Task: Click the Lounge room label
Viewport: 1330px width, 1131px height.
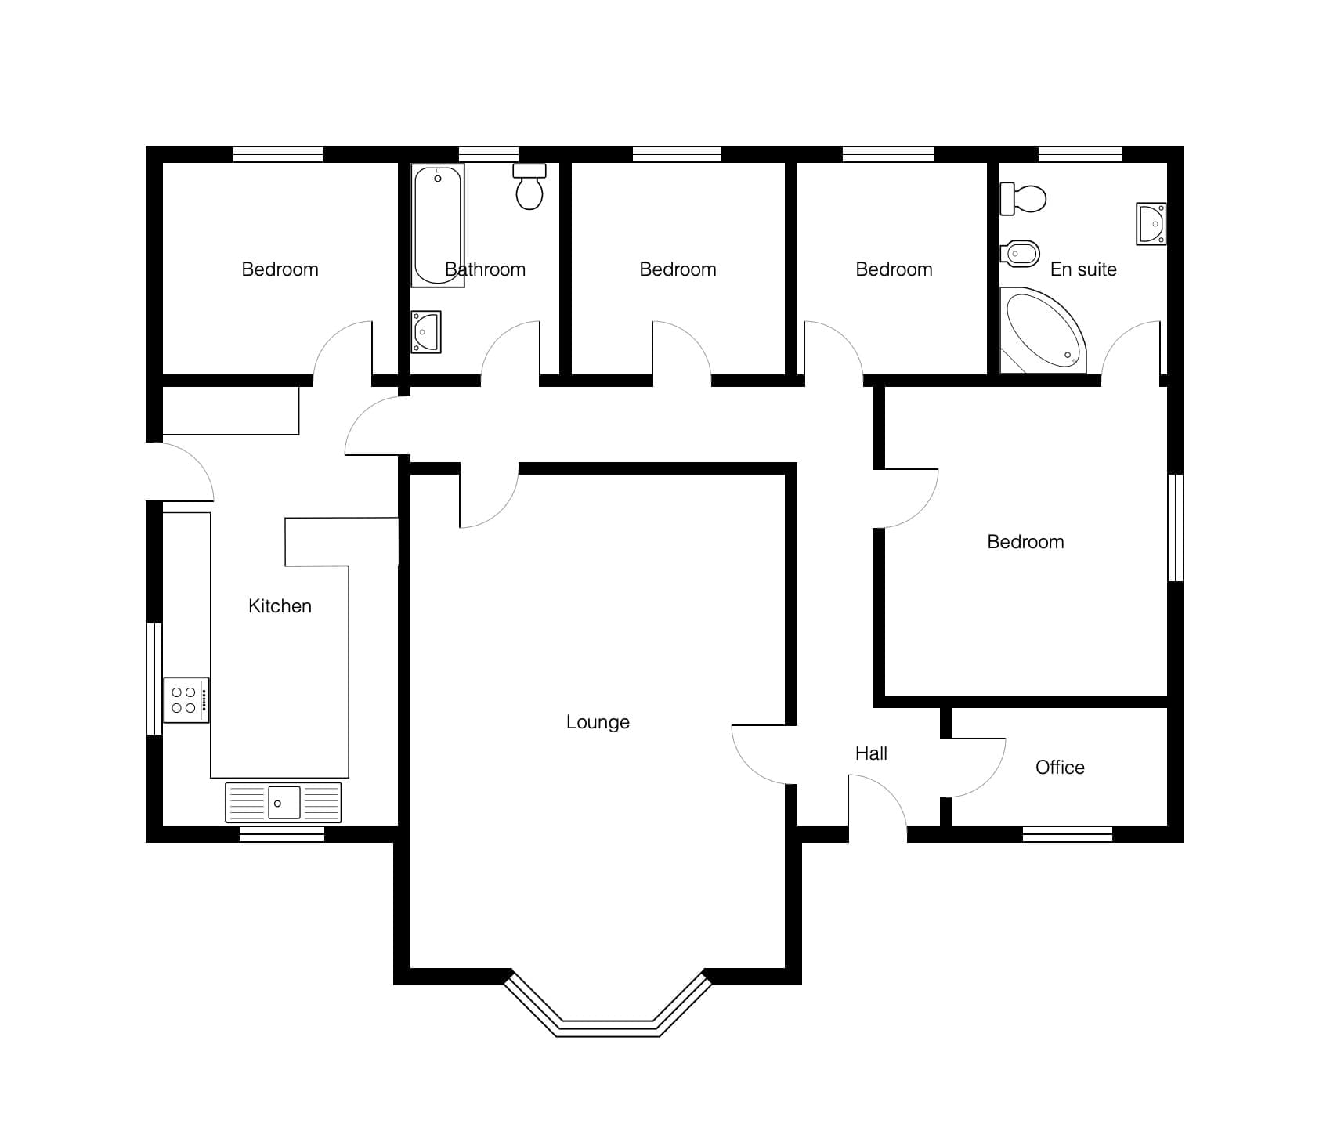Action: coord(598,722)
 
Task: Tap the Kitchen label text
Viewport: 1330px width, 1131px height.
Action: coord(280,606)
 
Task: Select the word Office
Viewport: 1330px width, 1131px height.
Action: coord(1060,768)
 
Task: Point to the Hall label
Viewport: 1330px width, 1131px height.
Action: coord(871,753)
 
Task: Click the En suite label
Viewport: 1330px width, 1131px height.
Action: coord(1083,269)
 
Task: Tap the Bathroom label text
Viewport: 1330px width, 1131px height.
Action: coord(485,269)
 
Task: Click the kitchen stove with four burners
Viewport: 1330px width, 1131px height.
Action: coord(186,700)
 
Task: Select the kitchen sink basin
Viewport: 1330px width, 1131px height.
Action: coord(284,803)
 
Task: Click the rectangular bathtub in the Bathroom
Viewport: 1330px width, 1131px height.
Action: coord(438,226)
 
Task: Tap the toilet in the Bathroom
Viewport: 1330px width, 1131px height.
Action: coord(529,186)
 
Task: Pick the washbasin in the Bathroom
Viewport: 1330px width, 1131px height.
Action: coord(426,332)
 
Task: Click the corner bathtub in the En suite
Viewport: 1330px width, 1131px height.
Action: coord(1043,331)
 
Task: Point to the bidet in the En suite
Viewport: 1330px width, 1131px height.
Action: coord(1020,253)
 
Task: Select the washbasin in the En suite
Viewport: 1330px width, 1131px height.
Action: coord(1151,224)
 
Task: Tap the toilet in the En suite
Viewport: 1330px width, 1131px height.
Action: coord(1023,199)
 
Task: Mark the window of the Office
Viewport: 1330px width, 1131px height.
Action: coord(1068,834)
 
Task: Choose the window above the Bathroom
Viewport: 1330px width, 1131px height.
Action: coord(488,154)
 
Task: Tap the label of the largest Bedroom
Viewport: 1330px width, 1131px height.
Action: coord(1025,542)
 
